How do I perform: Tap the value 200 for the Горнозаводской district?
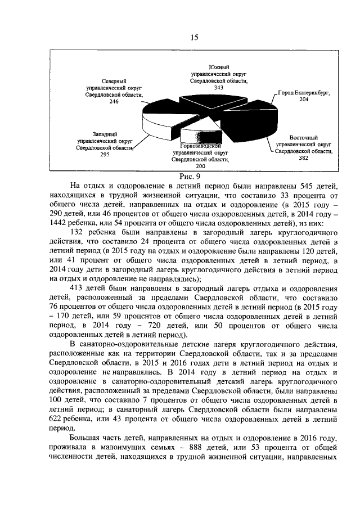click(200, 166)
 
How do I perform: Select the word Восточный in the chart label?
click(304, 138)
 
